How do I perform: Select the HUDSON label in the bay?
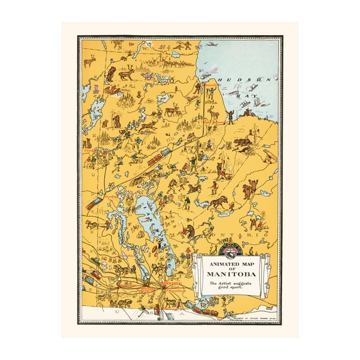tap(252, 80)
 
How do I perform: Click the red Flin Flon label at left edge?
tap(88, 151)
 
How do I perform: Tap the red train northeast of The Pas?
tap(154, 160)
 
